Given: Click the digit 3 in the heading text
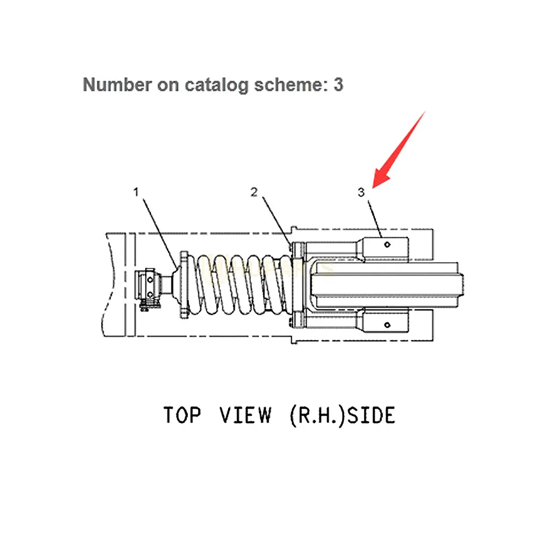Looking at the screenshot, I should coord(338,84).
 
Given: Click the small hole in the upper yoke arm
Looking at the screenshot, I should coord(387,244).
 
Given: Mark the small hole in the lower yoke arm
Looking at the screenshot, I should coord(387,324).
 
